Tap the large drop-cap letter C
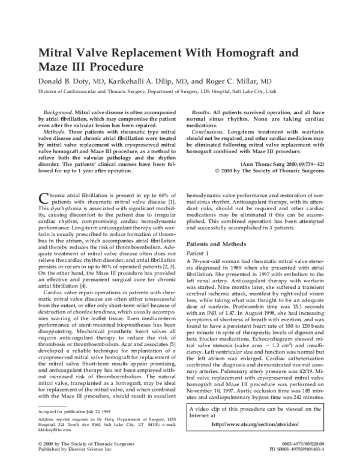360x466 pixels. pos(43,184)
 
